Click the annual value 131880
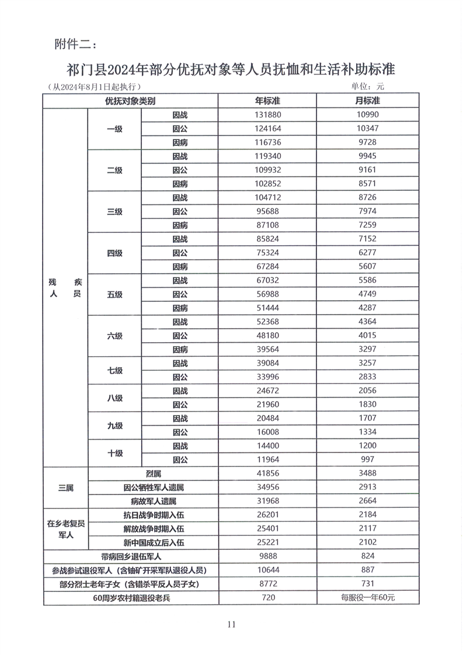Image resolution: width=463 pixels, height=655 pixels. (267, 115)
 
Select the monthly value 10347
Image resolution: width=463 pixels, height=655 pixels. (368, 129)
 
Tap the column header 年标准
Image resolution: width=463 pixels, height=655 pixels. (267, 101)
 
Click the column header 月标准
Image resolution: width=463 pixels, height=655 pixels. (368, 101)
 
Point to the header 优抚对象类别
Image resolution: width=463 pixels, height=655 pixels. (130, 101)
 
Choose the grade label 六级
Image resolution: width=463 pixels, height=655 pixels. (115, 336)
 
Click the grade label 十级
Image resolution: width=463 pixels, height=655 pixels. (115, 452)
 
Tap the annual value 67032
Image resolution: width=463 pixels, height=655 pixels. (267, 280)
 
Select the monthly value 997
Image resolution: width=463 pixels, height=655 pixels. (368, 459)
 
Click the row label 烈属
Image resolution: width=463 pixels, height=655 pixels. (153, 473)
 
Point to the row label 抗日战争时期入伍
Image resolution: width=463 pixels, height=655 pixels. (153, 515)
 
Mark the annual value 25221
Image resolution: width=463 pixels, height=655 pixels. (267, 542)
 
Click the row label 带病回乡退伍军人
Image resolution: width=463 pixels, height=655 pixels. (130, 556)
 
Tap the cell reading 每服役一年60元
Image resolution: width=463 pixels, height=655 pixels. (368, 598)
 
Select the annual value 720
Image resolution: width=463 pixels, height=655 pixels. (267, 598)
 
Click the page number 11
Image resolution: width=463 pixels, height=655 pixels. (231, 624)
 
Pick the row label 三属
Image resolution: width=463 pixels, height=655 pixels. (65, 487)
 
